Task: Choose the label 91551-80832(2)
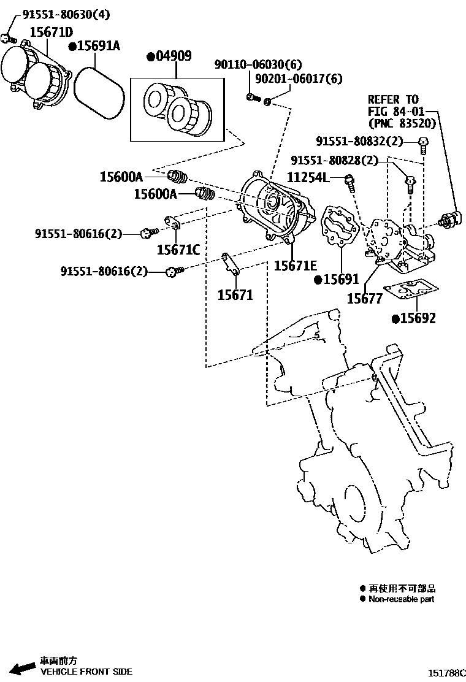coord(359,141)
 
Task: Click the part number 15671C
coord(178,249)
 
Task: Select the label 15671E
coord(295,265)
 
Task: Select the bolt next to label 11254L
coord(349,180)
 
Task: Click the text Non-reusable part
coord(401,599)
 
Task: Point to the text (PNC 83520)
coord(402,123)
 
